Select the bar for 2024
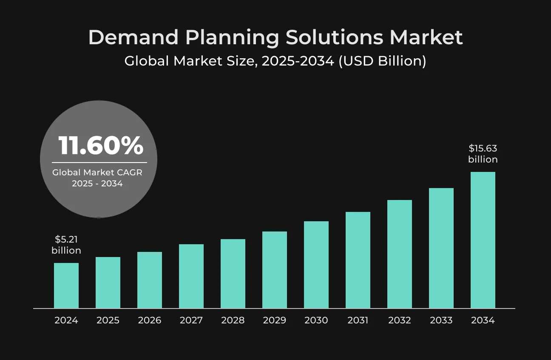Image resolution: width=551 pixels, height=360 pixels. pos(66,286)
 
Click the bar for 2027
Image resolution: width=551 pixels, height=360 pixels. pos(191,276)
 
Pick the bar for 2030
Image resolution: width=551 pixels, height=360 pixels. pos(316,264)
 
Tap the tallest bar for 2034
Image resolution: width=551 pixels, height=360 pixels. pos(483,240)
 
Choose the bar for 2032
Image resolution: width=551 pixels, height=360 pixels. pos(400,254)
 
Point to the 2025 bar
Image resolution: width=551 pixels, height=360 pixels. pos(108,283)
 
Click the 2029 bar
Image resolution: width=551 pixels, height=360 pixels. pos(275,270)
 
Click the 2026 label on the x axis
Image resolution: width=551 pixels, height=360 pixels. pos(150,320)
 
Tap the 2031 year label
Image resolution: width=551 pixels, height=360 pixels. pos(358,320)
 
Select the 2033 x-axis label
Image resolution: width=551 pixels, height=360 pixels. pos(441,320)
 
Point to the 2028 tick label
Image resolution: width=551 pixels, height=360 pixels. pos(233,320)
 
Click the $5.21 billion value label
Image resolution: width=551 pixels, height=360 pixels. pos(66,245)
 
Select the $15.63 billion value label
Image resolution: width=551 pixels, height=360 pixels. pos(483,154)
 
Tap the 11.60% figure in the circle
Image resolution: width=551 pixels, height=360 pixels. pos(101,146)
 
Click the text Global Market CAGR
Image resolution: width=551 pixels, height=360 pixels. pos(97,172)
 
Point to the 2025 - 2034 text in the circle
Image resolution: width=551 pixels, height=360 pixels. pos(97,183)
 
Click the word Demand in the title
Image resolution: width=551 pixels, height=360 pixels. pos(133,37)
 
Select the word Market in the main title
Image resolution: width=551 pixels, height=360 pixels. pos(426,37)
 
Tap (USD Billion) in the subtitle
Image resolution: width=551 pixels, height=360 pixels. pos(382,61)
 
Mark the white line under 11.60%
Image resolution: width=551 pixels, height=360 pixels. pos(99,163)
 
